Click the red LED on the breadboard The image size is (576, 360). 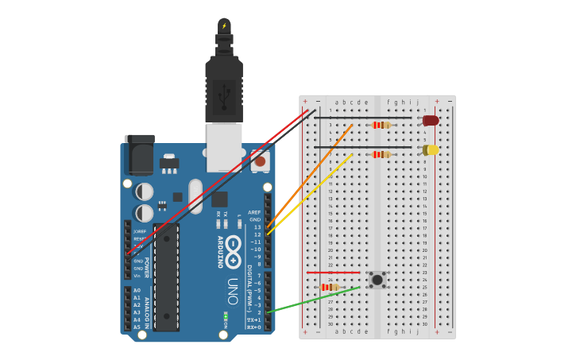(x=431, y=121)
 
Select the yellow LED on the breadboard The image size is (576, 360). (x=431, y=149)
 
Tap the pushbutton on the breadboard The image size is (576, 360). (x=377, y=280)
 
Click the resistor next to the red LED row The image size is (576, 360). (x=381, y=125)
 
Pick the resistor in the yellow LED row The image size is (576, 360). (x=381, y=154)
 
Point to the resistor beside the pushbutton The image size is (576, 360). (x=328, y=287)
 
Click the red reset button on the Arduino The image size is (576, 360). (x=260, y=161)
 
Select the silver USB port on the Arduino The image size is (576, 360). (x=224, y=147)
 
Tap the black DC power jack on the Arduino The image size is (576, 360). (x=140, y=155)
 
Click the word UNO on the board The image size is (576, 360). (x=233, y=291)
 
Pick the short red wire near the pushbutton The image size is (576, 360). (x=334, y=273)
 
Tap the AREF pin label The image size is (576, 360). (x=254, y=212)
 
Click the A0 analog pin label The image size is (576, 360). (x=137, y=291)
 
